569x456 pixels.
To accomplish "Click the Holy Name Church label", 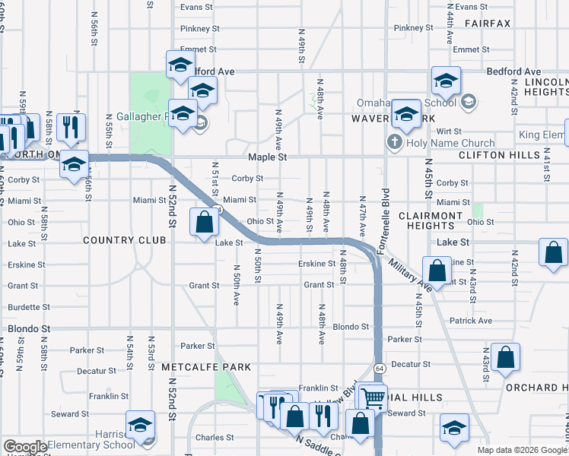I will pos(450,143).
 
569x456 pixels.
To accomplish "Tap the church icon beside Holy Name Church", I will pos(395,142).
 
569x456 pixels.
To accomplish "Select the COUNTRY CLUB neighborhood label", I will pos(125,240).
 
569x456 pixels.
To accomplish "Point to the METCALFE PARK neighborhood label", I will pos(206,366).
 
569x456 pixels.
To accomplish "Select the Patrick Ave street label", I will pos(470,321).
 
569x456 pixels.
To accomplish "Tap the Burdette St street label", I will pos(24,308).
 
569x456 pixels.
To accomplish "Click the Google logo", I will pos(25,448).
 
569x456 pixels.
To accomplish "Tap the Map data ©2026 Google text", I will pos(522,450).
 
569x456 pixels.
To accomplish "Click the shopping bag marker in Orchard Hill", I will pos(505,359).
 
